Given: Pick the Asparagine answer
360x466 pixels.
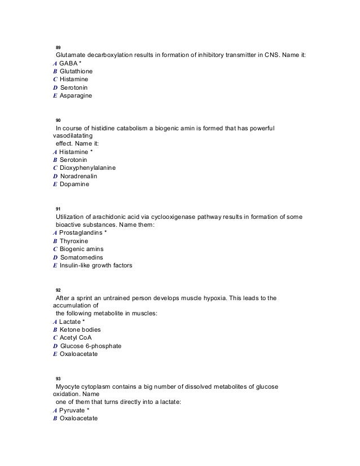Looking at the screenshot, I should click(x=76, y=96).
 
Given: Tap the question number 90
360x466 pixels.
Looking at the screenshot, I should click(x=59, y=121).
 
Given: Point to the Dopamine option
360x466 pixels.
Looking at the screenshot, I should click(x=74, y=184).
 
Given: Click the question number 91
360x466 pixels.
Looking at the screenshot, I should click(x=59, y=209).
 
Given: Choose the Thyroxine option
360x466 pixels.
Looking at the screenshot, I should click(x=74, y=241).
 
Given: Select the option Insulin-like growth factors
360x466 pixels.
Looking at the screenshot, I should click(x=96, y=265).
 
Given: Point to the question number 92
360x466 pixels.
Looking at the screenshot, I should click(x=59, y=290).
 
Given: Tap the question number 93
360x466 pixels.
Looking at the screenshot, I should click(x=59, y=378).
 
